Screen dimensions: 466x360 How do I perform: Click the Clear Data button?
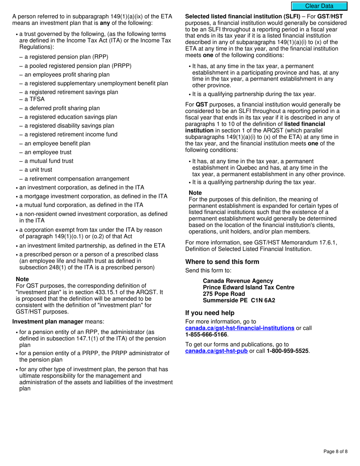[x=319, y=6]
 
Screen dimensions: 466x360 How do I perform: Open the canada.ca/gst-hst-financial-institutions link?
[x=239, y=328]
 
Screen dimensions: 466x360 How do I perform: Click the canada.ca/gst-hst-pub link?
[x=216, y=351]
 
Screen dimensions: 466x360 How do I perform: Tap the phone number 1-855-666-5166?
[x=206, y=335]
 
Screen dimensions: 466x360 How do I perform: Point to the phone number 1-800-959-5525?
[x=288, y=351]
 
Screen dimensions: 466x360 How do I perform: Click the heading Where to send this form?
[x=222, y=262]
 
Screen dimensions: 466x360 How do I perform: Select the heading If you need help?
[x=210, y=313]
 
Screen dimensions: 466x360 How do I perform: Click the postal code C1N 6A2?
[x=261, y=300]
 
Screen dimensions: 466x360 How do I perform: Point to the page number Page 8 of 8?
[x=335, y=451]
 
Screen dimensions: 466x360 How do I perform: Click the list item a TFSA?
[x=34, y=99]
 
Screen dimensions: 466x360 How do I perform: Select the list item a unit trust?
[x=38, y=170]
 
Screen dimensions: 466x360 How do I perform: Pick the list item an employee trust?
[x=48, y=152]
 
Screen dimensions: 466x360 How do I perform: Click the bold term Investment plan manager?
[x=48, y=322]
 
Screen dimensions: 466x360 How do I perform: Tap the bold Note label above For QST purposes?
[x=22, y=279]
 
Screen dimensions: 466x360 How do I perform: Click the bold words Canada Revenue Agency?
[x=238, y=281]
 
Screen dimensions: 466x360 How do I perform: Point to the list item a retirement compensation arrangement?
[x=77, y=179]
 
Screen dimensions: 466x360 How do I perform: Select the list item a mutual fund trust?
[x=49, y=161]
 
